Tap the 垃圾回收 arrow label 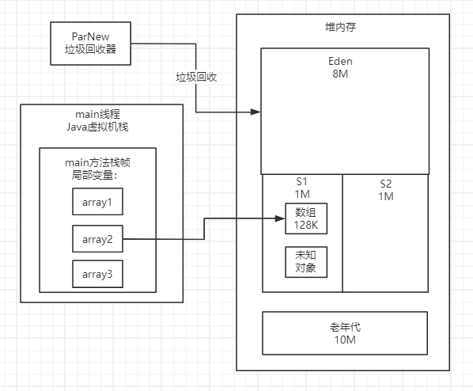point(197,78)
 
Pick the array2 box point(98,238)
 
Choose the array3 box point(98,274)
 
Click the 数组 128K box point(305,219)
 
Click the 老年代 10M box point(344,333)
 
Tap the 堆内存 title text point(342,27)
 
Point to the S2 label point(385,183)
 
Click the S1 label point(303,181)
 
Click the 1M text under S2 point(385,196)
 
